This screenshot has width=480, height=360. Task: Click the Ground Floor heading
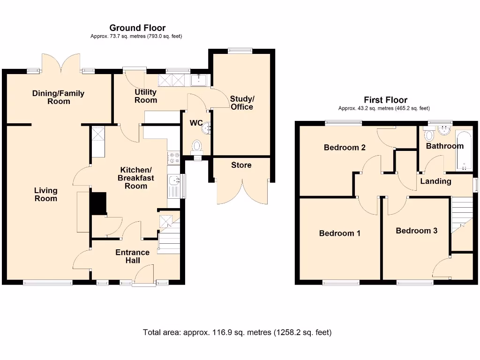point(137,28)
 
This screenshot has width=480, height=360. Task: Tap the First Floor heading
point(385,100)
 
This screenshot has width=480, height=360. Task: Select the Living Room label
point(45,194)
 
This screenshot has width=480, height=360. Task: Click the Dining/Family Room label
point(58,97)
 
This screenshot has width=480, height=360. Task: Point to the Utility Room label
point(146,96)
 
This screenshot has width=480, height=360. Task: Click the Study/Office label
point(242,103)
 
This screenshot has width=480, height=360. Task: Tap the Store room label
point(241,165)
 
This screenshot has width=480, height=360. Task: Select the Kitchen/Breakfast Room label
point(135,178)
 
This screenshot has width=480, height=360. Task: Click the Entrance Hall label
point(132,256)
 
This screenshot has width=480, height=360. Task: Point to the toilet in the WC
point(197,146)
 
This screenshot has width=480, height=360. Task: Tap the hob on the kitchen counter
point(174,158)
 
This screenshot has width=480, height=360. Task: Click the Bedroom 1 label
point(339,233)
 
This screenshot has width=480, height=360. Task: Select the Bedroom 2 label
point(345,147)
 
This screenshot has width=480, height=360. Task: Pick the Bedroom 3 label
point(416,231)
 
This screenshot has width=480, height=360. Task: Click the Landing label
point(435,181)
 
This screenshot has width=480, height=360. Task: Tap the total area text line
point(237,332)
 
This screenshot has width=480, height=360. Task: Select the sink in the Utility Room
point(200,80)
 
